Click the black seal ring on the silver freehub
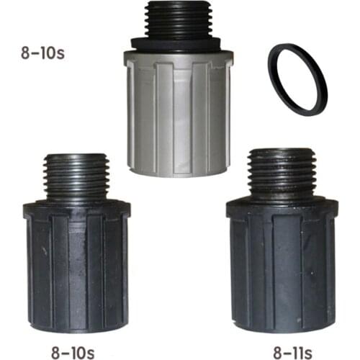178,45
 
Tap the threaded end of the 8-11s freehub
282,174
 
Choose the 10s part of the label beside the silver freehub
53,53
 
